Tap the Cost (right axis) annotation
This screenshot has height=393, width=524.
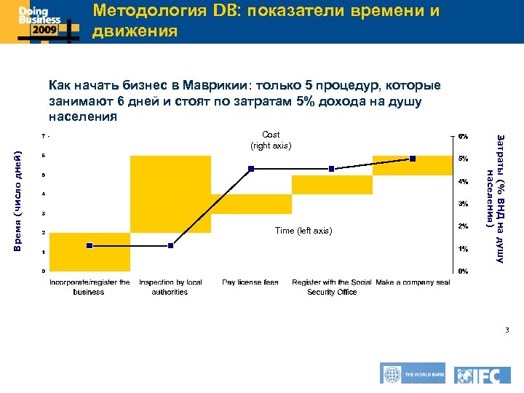[x=271, y=140]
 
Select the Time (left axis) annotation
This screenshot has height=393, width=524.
[x=303, y=231]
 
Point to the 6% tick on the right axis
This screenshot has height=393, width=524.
[x=463, y=136]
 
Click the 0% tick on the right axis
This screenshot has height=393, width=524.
[x=463, y=271]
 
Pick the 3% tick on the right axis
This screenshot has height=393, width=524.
[x=463, y=204]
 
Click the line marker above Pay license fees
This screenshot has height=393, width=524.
[x=251, y=169]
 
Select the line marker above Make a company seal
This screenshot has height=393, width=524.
[x=413, y=158]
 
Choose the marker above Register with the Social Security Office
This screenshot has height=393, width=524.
[x=332, y=169]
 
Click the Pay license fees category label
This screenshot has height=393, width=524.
[x=250, y=282]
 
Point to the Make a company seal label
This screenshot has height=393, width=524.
[x=413, y=282]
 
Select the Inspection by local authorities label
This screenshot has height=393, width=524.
[x=170, y=287]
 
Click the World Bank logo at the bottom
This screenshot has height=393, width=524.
[x=413, y=374]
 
